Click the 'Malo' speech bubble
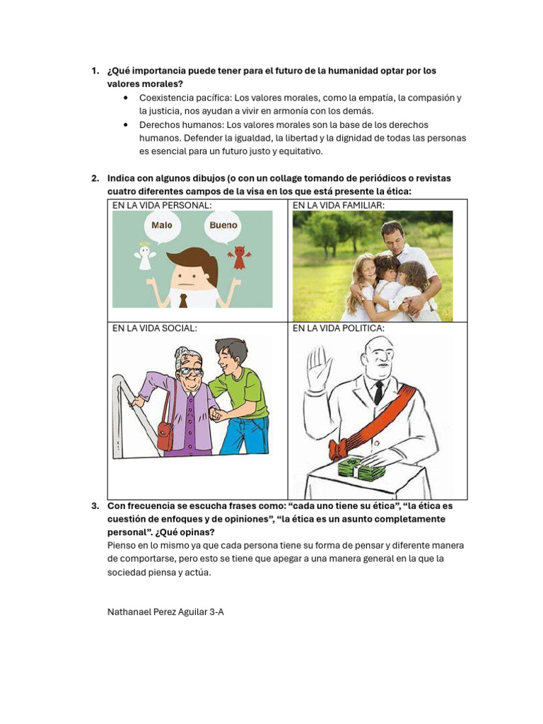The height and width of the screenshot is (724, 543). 162,226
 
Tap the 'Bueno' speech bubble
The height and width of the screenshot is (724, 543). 223,226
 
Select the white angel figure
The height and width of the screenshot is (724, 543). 145,258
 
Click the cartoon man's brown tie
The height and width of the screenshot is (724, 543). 183,299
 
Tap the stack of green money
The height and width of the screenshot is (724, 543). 360,467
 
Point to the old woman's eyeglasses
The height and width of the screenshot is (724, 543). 189,370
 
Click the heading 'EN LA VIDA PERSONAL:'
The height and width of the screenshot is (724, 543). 162,205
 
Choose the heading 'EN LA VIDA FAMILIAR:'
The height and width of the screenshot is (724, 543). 338,205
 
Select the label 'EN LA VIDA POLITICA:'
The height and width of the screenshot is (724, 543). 339,328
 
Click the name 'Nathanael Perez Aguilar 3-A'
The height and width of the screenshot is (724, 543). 165,612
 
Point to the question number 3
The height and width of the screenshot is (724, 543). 95,506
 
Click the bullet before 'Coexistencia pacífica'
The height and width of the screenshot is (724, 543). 125,98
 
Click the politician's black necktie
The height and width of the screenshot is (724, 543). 379,391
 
